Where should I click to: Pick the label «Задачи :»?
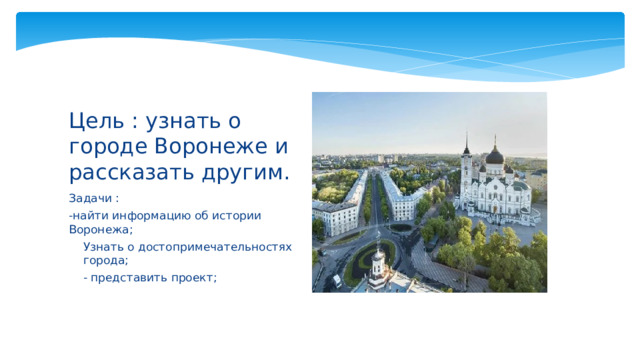tap(94, 197)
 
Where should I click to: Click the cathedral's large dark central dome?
tap(494, 156)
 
